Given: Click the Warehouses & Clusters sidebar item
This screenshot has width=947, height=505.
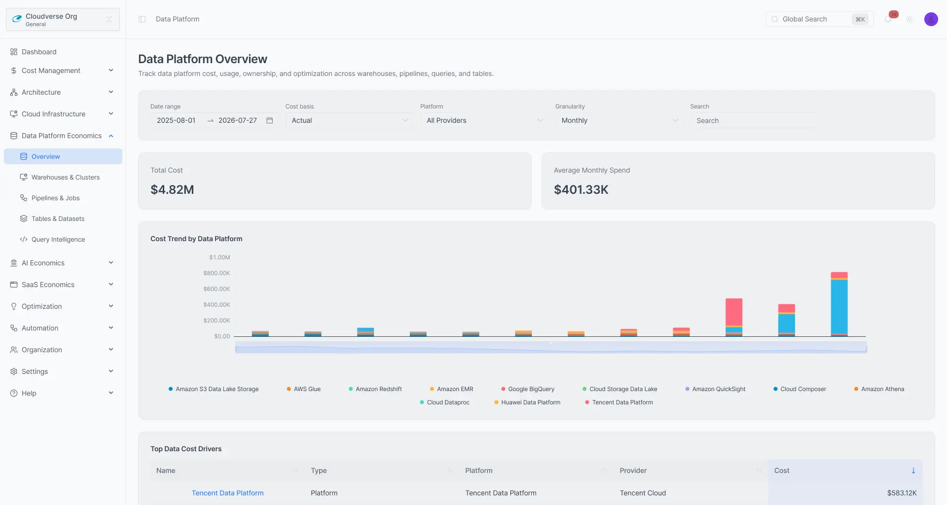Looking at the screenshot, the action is pos(65,177).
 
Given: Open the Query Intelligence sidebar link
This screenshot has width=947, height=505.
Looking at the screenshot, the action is pos(58,239).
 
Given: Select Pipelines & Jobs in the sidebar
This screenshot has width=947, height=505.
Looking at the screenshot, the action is pos(55,198).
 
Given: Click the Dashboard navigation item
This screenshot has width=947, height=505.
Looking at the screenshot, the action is pos(39,52).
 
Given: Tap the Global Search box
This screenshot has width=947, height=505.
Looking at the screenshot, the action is pos(819,19).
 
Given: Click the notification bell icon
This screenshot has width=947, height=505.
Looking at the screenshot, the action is pos(888,19).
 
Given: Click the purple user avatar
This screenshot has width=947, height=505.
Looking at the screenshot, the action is pos(931,19).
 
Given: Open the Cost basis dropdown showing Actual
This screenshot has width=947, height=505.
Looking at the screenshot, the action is pos(349,120).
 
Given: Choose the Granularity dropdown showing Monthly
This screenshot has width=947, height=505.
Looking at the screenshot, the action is pos(619,120).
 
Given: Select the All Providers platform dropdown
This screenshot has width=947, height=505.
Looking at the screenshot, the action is pos(484,120).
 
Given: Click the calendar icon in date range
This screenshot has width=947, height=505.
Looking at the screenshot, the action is pos(270,120).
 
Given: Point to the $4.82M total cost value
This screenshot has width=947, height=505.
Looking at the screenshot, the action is pos(172,189).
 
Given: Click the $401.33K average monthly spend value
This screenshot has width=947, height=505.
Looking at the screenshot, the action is pos(581,189).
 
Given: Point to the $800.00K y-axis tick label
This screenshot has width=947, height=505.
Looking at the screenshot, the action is pos(217,273).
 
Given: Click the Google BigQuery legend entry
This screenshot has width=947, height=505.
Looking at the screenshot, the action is pos(528,389).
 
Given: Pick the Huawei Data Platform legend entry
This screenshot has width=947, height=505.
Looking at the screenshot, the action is pos(527,402).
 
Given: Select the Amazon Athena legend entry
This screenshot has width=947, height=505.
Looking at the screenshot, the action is pos(879,389).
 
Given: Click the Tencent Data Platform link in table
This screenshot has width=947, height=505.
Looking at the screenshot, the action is pos(227,493).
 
